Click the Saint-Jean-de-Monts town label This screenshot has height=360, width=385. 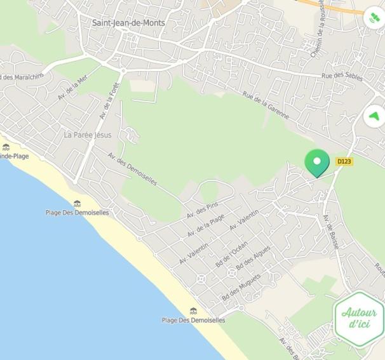128,23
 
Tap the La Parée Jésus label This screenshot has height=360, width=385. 88,135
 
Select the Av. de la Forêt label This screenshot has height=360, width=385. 110,101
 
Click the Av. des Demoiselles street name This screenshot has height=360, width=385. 132,168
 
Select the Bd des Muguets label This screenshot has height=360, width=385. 241,288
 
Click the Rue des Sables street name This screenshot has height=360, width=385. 342,76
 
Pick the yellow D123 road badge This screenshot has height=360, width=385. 344,161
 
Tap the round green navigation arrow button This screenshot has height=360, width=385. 375,116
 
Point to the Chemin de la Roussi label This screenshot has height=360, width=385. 317,29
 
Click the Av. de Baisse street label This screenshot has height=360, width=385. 330,231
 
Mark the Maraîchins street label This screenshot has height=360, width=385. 22,77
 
